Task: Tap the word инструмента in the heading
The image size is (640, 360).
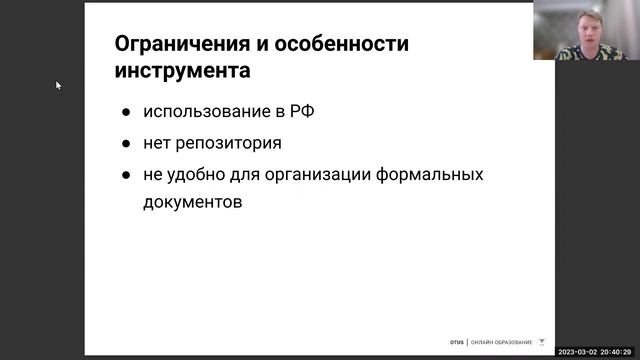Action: click(183, 72)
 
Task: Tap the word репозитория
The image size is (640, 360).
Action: click(225, 143)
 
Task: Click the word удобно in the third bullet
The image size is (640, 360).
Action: click(194, 174)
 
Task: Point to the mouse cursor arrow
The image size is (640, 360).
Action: click(59, 85)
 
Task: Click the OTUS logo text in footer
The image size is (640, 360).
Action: click(456, 340)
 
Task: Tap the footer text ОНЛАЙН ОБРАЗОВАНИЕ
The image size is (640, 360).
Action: click(501, 340)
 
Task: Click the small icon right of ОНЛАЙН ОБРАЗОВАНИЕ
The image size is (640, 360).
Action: click(542, 340)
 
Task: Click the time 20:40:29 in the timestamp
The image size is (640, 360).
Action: click(620, 352)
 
